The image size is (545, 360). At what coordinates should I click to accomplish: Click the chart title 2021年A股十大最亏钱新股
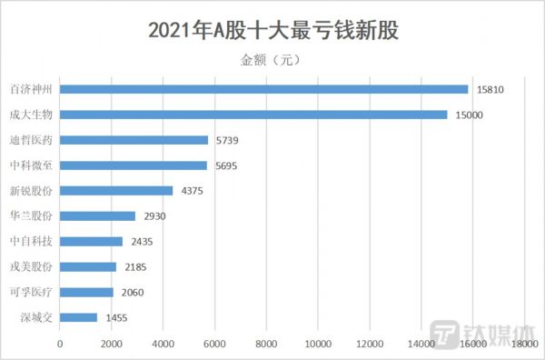pyautogui.click(x=272, y=30)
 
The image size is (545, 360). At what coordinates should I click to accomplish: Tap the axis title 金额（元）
pyautogui.click(x=272, y=60)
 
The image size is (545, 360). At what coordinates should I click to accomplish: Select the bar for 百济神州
pyautogui.click(x=263, y=89)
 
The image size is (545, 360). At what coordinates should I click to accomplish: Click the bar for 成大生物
pyautogui.click(x=253, y=115)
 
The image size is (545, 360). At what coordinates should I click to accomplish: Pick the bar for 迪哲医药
pyautogui.click(x=134, y=140)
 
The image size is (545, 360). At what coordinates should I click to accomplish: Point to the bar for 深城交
pyautogui.click(x=78, y=317)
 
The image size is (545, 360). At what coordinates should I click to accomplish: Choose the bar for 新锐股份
pyautogui.click(x=116, y=191)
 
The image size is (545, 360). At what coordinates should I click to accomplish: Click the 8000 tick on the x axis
pyautogui.click(x=266, y=344)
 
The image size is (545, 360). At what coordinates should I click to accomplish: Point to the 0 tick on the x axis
pyautogui.click(x=60, y=344)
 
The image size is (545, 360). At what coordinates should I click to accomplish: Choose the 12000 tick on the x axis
pyautogui.click(x=369, y=344)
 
